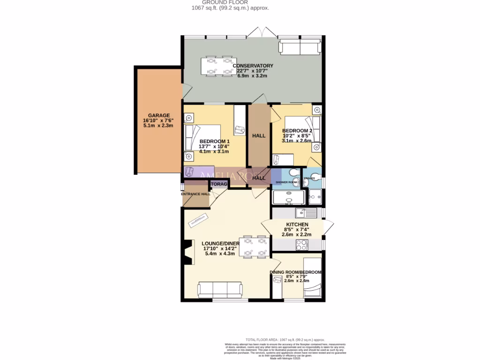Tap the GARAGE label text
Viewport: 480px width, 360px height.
[159, 115]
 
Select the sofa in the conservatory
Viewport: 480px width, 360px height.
[300, 46]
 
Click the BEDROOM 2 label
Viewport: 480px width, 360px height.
[297, 131]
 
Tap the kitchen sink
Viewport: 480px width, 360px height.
[309, 213]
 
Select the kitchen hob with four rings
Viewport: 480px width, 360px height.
[301, 245]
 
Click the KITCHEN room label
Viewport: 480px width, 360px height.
[297, 225]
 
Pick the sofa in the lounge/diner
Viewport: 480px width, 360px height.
[220, 290]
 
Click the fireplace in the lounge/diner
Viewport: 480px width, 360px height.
[188, 253]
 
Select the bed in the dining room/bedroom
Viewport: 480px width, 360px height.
[311, 277]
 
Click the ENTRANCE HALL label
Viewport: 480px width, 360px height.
[195, 194]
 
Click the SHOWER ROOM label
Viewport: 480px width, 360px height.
[286, 182]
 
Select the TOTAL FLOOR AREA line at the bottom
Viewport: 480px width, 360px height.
[285, 340]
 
